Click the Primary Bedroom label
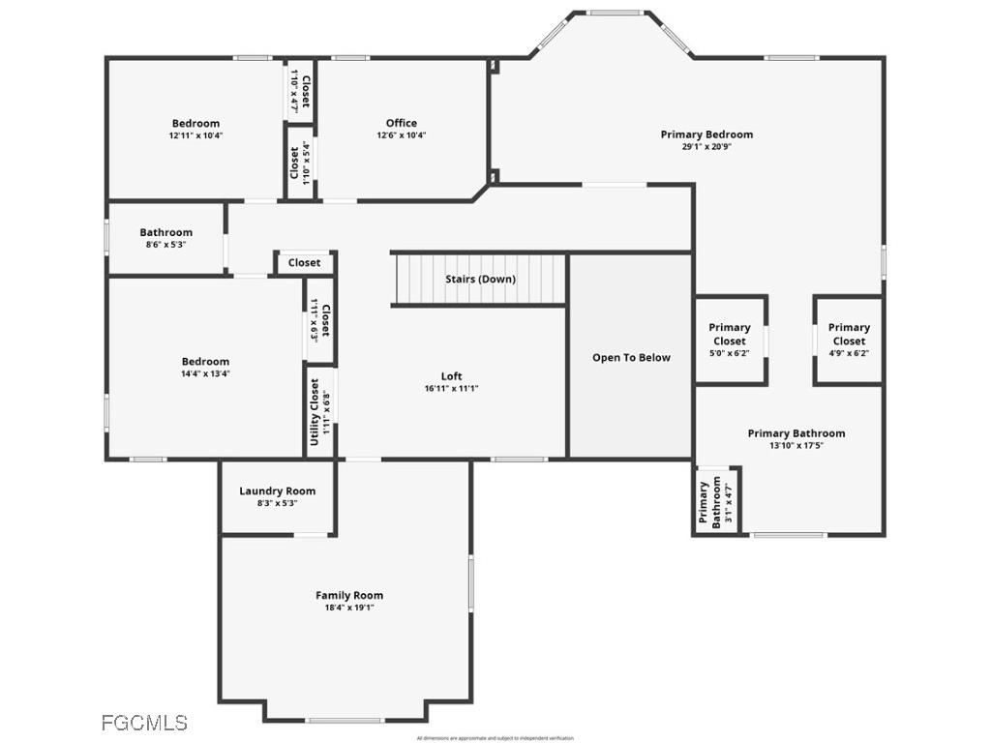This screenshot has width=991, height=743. pos(706,134)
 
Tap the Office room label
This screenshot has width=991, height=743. pos(402,123)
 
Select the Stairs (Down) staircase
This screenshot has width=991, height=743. pos(480,279)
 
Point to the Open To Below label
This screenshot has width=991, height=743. pos(631,358)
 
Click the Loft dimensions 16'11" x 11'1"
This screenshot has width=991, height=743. pos(452,388)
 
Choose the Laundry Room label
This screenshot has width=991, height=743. pos(277,490)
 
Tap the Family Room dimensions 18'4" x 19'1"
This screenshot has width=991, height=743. pos(349,608)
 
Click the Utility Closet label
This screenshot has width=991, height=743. pos(315,412)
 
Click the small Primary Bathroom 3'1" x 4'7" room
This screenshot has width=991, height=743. pos(717,502)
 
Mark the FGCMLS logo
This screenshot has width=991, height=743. pos(144,722)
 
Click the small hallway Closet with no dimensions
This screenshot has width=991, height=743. pos(304,262)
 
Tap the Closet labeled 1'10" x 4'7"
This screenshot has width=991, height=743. pos(300,91)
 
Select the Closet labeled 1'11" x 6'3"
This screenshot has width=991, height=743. pos(320,320)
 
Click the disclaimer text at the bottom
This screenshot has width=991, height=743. pos(495,738)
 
